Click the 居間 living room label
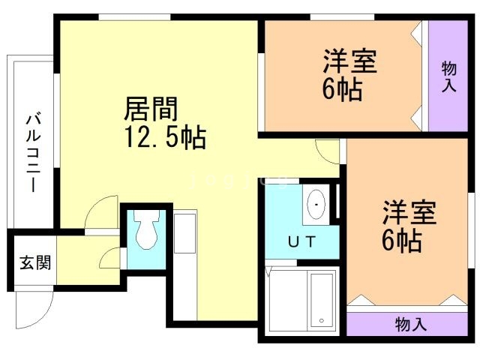[151, 109]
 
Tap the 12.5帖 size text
[166, 137]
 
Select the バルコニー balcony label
[33, 152]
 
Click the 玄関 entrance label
[35, 262]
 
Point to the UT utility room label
[301, 241]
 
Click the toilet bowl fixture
[147, 229]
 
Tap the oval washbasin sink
[316, 204]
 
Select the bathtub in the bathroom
[322, 300]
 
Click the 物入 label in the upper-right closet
[448, 76]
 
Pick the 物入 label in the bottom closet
[411, 324]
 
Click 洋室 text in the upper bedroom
[350, 61]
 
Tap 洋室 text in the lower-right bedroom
[409, 212]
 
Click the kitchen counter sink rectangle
[185, 233]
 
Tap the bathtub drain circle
[322, 320]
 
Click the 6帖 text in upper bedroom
[343, 89]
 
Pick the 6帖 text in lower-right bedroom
[402, 241]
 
